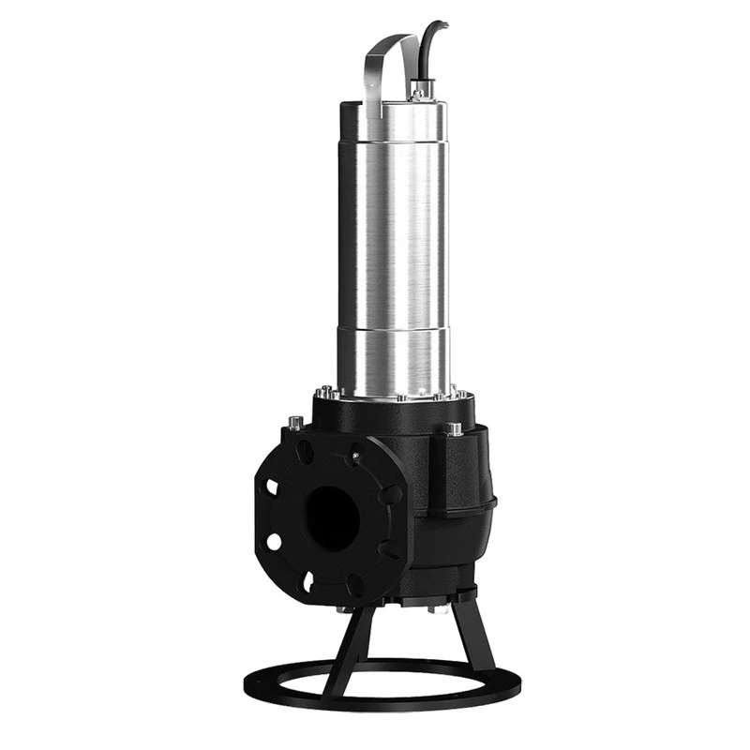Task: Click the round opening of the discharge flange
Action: point(332,519)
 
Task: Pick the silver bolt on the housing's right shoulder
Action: point(455,429)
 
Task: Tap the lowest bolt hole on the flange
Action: point(307,583)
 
